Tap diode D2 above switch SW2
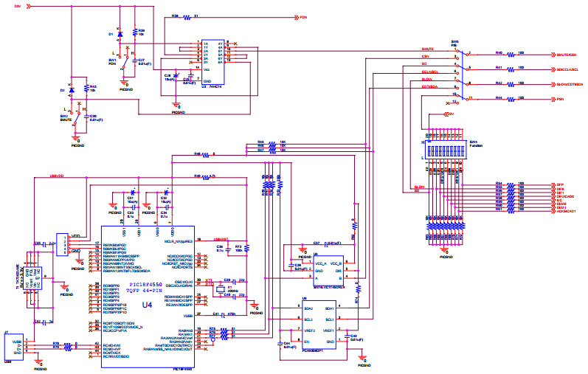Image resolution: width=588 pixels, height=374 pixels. tap(71, 90)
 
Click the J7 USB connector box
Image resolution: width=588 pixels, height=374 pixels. tap(16, 349)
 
